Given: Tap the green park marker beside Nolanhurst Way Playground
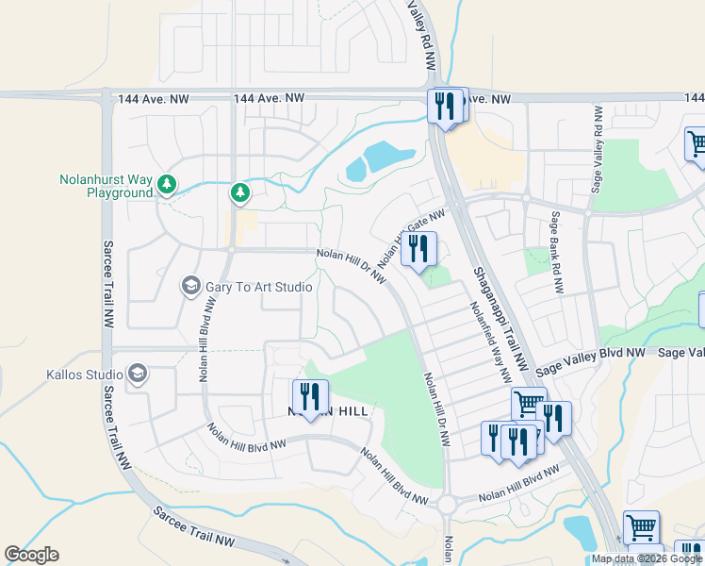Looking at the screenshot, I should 167,184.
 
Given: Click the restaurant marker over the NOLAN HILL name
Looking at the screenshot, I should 310,395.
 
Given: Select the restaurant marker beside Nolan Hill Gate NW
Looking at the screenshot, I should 418,249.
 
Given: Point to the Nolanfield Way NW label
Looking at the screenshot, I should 488,337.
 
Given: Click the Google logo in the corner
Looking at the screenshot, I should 31,555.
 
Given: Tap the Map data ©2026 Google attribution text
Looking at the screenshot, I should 647,558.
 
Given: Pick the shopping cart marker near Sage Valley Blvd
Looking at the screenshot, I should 528,404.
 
